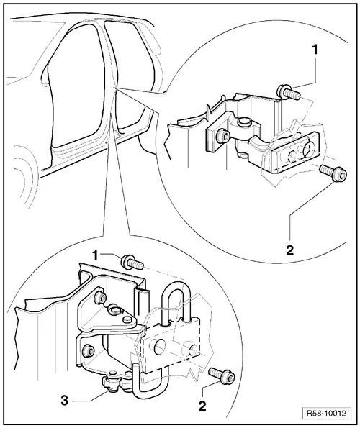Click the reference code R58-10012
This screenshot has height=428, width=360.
tap(326, 413)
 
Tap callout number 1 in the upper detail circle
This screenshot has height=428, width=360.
tap(315, 50)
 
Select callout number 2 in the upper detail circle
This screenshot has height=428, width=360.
tap(290, 250)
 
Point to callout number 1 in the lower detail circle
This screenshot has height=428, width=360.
tap(95, 256)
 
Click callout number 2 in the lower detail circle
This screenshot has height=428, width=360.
tap(202, 406)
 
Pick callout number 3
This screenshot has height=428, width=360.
tap(64, 401)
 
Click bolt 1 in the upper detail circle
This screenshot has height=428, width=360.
tap(288, 92)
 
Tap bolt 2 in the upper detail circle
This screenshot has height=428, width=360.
tap(333, 173)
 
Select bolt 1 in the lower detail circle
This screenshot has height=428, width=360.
tap(132, 262)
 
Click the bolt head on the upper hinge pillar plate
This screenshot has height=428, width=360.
tap(223, 136)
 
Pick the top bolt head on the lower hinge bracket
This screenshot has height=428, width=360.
tap(100, 298)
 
